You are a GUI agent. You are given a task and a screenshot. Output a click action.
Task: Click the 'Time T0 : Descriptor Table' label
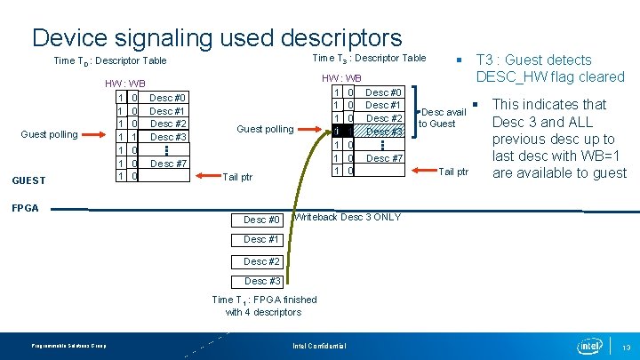point(110,61)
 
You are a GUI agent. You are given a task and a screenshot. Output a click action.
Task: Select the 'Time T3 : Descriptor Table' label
point(370,58)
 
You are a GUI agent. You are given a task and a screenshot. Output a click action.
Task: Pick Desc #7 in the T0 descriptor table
point(167,164)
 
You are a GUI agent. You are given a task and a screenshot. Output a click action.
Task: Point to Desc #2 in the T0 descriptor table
point(167,124)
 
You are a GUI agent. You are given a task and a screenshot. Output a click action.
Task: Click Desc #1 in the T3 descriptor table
point(384,105)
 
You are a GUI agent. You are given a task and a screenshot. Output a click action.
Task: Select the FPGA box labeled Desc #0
point(261,220)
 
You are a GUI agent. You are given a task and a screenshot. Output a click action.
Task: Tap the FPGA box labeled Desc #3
point(261,281)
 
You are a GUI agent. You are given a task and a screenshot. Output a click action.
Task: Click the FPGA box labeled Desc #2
point(261,261)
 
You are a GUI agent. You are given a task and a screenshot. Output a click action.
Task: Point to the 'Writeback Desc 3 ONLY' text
point(347,217)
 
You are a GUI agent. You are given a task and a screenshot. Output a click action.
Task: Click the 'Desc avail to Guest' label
point(443,117)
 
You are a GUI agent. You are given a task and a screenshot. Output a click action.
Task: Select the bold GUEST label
point(28,180)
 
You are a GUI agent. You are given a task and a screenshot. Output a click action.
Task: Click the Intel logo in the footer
point(589,345)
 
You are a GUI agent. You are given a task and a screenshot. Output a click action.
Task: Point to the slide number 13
point(626,347)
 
